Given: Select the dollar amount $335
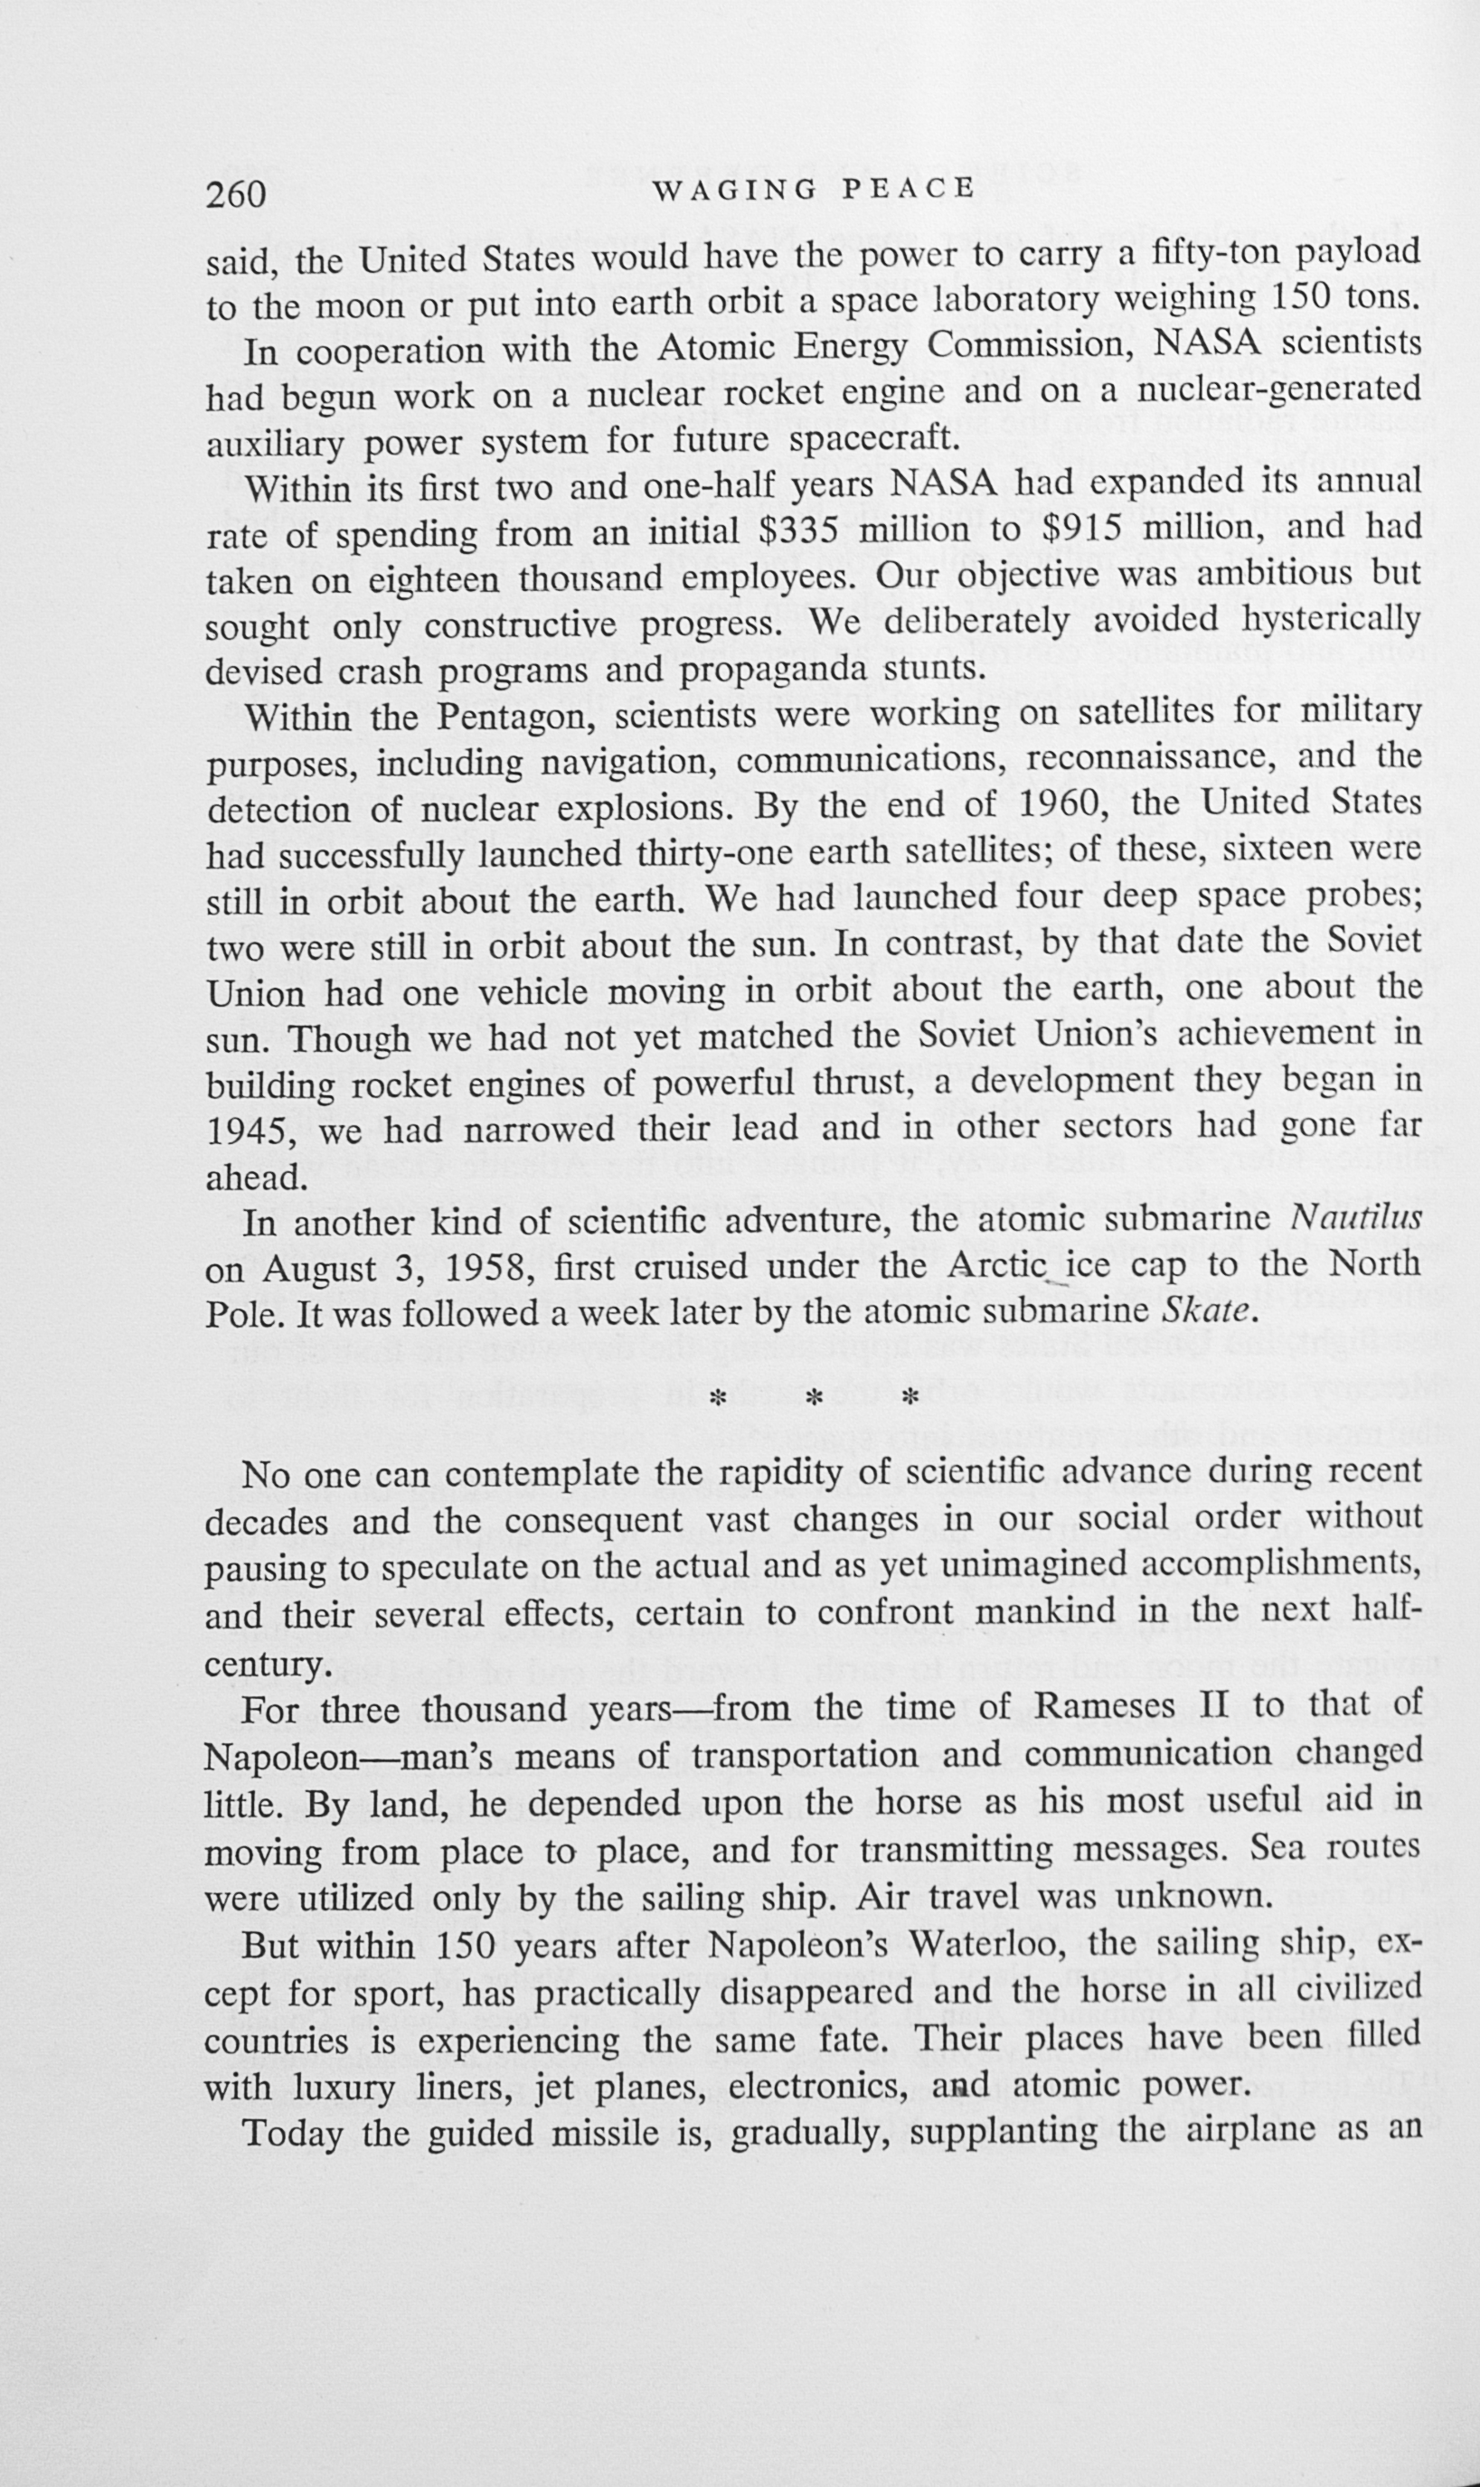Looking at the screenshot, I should [x=796, y=530].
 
